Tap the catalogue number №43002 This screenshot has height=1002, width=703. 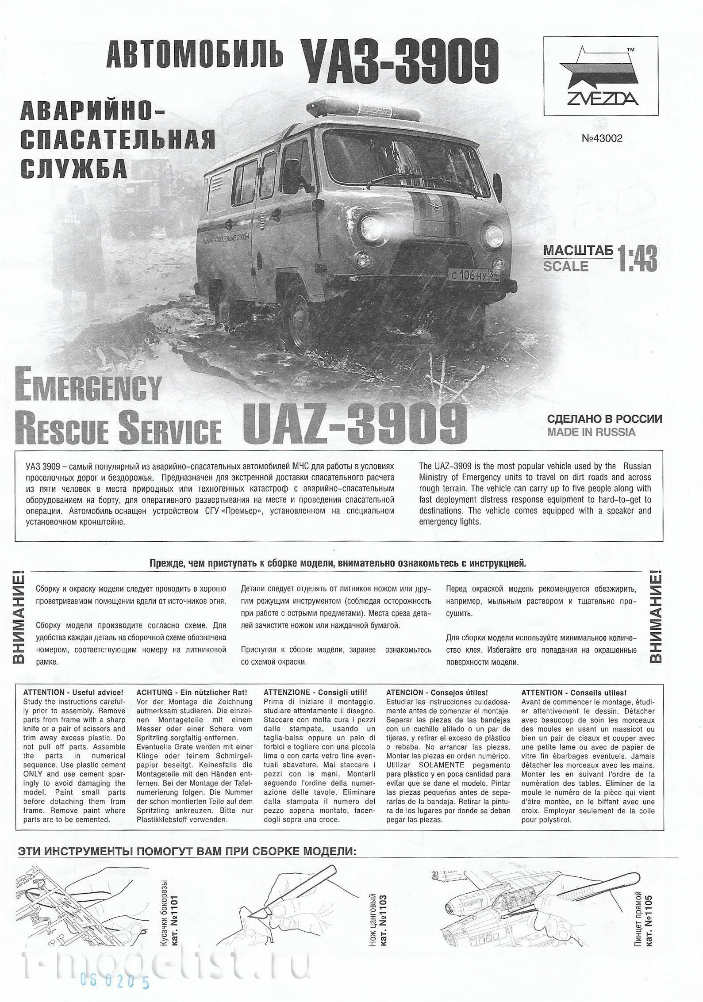(x=602, y=138)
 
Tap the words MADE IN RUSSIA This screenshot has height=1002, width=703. (x=591, y=432)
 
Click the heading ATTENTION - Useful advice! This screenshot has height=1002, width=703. (x=73, y=692)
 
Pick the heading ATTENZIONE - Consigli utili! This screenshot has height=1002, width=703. (x=315, y=692)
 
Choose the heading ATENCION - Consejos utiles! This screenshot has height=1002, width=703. (x=437, y=692)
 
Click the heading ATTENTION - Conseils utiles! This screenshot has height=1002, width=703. (x=574, y=692)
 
